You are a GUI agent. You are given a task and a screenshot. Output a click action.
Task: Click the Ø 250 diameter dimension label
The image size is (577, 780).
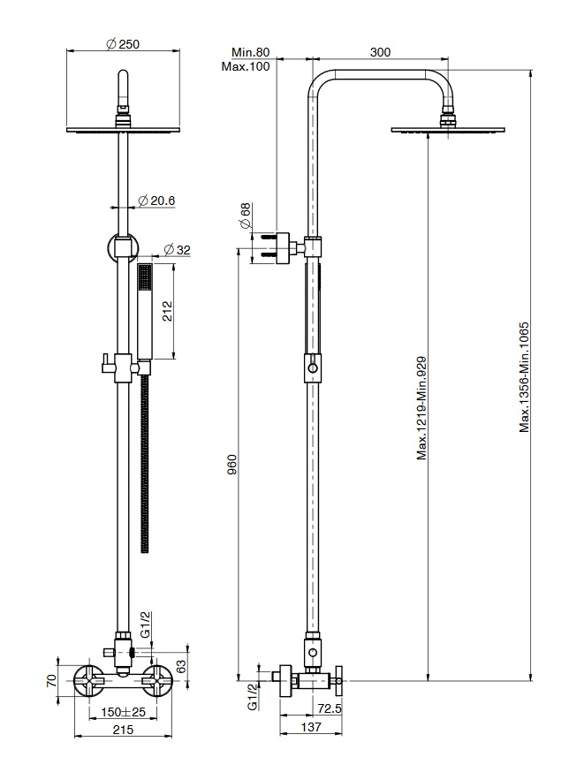pos(123,44)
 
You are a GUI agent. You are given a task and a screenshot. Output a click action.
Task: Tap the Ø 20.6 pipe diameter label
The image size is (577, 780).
pos(156,201)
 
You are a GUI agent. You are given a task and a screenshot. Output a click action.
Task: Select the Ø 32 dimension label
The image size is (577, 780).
pos(177,250)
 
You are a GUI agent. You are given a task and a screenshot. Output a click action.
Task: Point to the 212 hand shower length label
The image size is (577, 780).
pos(167,312)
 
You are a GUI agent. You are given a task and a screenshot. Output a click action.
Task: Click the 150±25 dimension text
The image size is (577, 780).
pos(123,712)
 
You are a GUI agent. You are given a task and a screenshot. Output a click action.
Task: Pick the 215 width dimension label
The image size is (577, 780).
pos(123,730)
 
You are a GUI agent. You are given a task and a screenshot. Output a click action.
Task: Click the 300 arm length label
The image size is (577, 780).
pos(380,52)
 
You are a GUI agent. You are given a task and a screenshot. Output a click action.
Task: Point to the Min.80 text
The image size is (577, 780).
pos(251,52)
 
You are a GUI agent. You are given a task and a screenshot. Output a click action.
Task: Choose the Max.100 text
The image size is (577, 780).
pos(246,66)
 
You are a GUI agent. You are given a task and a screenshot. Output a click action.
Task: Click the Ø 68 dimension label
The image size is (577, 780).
pos(246,216)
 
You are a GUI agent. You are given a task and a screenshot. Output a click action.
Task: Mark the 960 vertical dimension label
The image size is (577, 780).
pos(232,464)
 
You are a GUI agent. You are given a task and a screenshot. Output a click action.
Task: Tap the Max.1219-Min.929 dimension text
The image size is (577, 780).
pos(421,408)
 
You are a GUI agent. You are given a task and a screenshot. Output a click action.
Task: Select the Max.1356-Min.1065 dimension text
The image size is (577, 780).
pos(524,377)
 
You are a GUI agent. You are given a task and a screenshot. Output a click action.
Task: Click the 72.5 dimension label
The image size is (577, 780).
pos(330,708)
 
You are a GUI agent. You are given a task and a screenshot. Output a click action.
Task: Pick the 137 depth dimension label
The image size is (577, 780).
pos(311,727)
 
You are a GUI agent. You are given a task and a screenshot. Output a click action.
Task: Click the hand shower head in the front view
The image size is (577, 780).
pos(144,312)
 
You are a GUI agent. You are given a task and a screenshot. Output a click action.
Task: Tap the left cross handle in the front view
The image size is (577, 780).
pos(89,680)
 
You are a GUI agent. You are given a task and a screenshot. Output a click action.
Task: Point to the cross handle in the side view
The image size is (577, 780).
pos(341,680)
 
